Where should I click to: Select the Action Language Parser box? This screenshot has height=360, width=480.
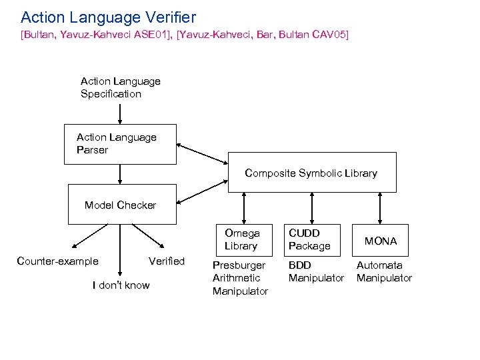120,144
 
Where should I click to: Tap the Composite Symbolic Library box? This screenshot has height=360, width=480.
311,173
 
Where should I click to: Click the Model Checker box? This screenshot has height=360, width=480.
120,205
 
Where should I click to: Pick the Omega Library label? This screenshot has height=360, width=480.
241,239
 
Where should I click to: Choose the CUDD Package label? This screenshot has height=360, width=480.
309,239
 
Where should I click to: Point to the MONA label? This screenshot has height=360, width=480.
380,241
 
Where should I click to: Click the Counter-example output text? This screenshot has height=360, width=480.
57,261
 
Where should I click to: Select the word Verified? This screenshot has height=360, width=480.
167,261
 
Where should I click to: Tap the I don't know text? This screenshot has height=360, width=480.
121,285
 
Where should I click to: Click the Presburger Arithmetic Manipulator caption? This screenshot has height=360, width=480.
239,278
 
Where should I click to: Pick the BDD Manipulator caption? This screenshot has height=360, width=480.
316,271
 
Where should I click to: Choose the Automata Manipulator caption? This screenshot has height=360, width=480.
384,271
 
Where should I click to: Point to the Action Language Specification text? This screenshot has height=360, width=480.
120,87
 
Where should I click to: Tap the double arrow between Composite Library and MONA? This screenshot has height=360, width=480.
380,209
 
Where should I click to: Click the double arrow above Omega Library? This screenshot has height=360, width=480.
245,209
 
